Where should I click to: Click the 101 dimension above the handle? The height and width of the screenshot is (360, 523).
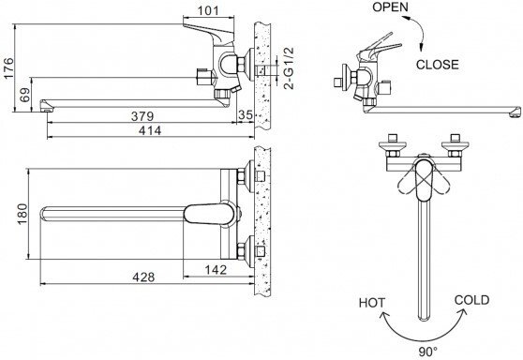coord(208,11)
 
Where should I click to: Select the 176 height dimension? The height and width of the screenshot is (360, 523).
coord(8,68)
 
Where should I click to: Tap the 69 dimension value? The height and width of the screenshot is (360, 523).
coord(24,95)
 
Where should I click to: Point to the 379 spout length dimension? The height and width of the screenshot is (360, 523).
coord(142,116)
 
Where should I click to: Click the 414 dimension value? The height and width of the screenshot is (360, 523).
coord(150,130)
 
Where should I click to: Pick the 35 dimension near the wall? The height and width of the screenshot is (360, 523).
coord(246,114)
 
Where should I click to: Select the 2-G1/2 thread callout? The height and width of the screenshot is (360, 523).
coord(289,68)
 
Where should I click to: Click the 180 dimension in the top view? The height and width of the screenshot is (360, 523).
coord(22,214)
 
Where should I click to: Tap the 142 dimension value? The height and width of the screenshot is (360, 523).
coord(216,270)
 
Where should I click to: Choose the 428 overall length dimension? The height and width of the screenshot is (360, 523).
coord(143,277)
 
